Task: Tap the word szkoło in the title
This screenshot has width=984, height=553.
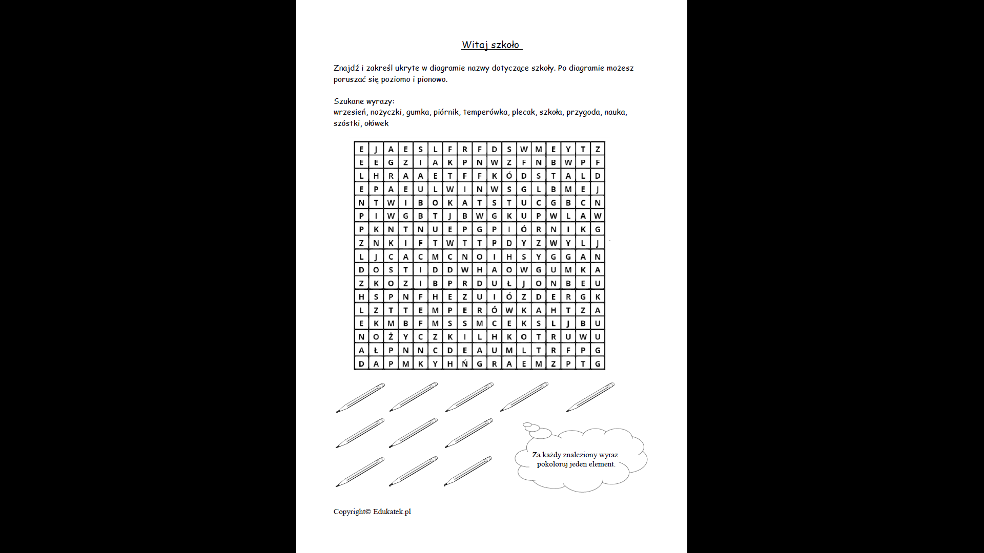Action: pyautogui.click(x=505, y=45)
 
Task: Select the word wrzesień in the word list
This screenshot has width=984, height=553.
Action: pyautogui.click(x=350, y=112)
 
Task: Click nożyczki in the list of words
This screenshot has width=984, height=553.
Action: pyautogui.click(x=386, y=112)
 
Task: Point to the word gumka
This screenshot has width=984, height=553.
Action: pyautogui.click(x=418, y=112)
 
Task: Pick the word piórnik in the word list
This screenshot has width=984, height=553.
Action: pyautogui.click(x=446, y=112)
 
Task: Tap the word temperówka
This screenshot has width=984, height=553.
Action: pyautogui.click(x=485, y=112)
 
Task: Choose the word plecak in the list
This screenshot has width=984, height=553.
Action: pyautogui.click(x=523, y=112)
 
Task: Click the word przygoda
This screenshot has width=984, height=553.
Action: pyautogui.click(x=583, y=112)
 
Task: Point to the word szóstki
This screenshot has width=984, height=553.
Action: pyautogui.click(x=347, y=123)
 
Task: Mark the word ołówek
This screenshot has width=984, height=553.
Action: pyautogui.click(x=377, y=123)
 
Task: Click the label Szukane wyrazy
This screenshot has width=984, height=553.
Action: pyautogui.click(x=364, y=101)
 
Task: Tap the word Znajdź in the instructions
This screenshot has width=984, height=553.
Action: pyautogui.click(x=346, y=68)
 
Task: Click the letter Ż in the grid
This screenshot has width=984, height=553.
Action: pyautogui.click(x=391, y=336)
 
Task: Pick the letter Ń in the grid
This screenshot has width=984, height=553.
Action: pyautogui.click(x=465, y=364)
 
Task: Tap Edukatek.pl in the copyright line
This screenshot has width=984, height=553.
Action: pyautogui.click(x=392, y=512)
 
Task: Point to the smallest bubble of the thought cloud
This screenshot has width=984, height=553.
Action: pyautogui.click(x=527, y=424)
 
